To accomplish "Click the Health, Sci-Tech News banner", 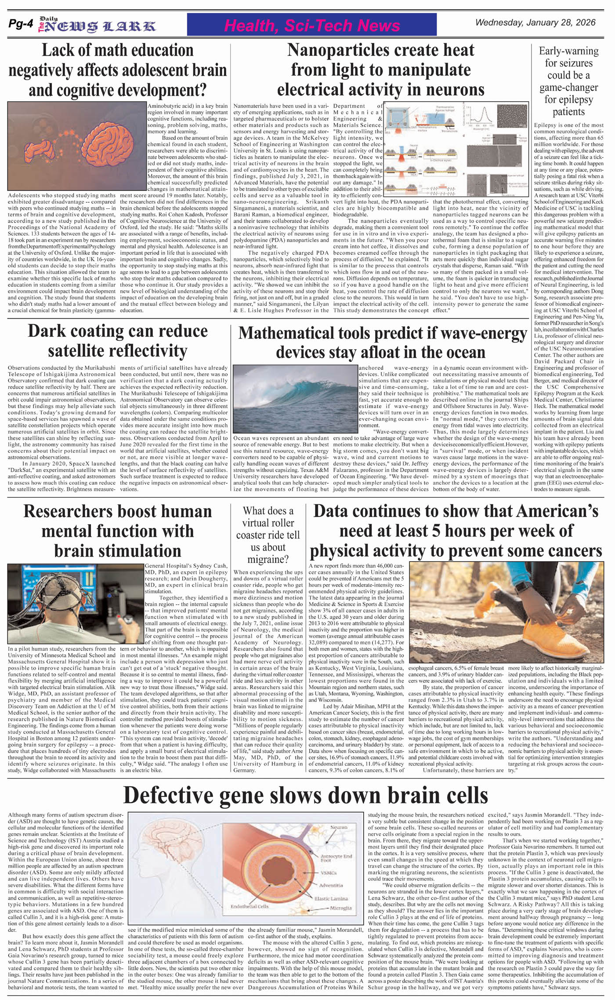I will pyautogui.click(x=312, y=26).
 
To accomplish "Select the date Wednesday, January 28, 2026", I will pyautogui.click(x=535, y=23).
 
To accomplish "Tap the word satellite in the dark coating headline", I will pyautogui.click(x=84, y=351).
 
